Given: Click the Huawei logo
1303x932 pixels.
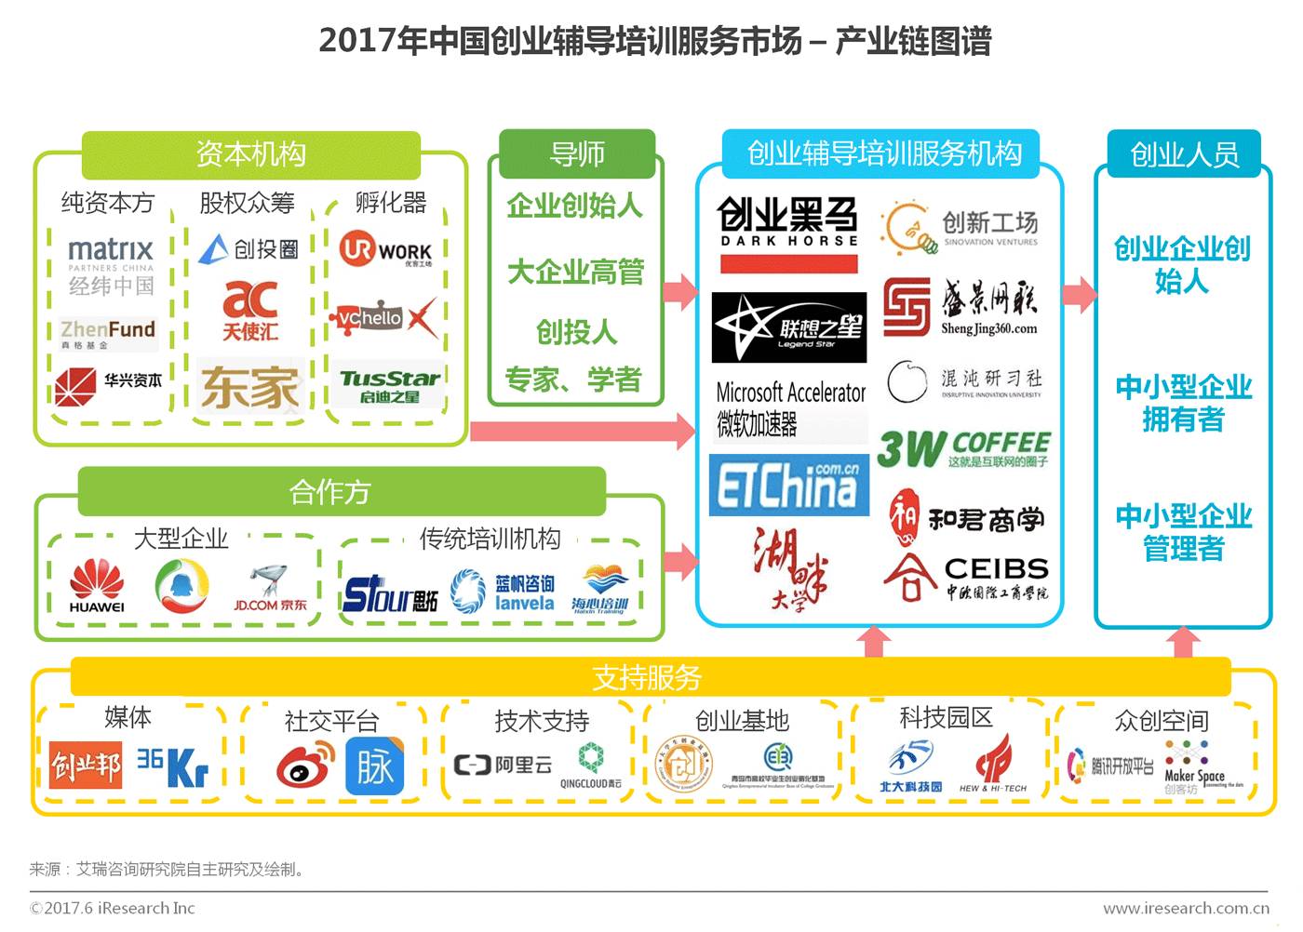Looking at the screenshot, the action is tap(97, 586).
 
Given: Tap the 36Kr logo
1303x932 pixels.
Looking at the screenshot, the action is tap(173, 767).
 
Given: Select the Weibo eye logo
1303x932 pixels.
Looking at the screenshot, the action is tap(305, 768).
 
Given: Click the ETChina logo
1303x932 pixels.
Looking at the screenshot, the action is tap(789, 485).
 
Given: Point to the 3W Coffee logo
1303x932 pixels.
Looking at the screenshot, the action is tap(963, 449).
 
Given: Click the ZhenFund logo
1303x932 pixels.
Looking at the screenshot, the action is tap(108, 333).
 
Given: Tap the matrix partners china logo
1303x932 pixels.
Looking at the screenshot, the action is tap(111, 265).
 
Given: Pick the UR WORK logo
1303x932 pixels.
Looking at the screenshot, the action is tap(385, 250).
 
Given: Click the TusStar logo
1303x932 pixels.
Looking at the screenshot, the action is tap(389, 386).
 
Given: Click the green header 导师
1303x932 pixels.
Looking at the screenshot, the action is tap(577, 153).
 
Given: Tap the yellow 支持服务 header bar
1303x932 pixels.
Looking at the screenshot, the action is tap(649, 677).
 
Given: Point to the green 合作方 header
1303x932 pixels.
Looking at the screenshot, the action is tap(331, 491).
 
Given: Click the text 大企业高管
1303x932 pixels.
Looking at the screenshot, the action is tap(576, 272).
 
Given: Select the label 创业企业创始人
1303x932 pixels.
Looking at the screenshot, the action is tap(1182, 264).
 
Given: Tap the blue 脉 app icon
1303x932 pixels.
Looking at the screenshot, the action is tap(375, 767).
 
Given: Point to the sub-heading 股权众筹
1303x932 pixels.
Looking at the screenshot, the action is tap(248, 203).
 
